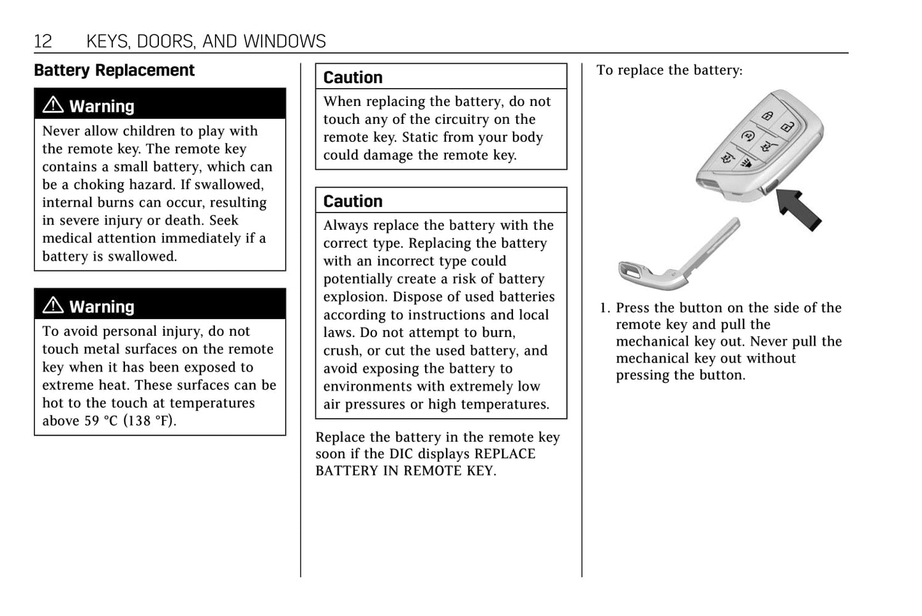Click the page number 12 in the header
pos(43,41)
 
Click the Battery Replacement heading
pos(114,70)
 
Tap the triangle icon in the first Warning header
pos(53,105)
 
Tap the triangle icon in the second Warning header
pos(53,305)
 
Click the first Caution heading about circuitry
pos(353,77)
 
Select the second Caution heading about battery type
pos(353,201)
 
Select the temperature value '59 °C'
pos(101,421)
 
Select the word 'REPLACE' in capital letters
pos(505,454)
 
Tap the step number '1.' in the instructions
pos(605,308)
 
